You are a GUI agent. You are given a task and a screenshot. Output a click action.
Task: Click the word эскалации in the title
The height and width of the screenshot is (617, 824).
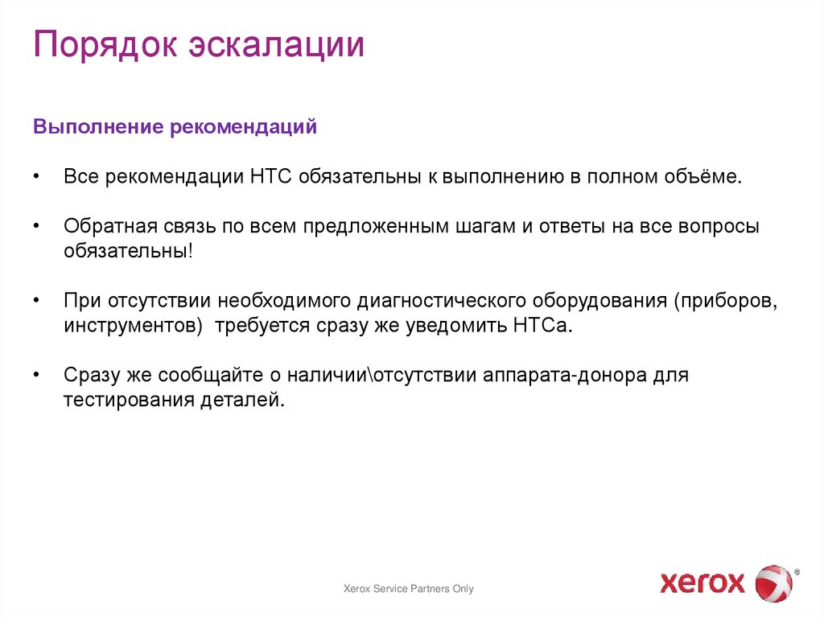click(x=277, y=46)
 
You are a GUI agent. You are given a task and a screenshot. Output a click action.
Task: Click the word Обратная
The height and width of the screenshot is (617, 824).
click(x=105, y=227)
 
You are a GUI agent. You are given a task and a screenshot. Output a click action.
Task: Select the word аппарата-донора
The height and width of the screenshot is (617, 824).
click(x=563, y=376)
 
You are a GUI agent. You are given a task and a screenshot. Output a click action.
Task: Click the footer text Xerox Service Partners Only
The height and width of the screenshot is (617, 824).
click(x=409, y=589)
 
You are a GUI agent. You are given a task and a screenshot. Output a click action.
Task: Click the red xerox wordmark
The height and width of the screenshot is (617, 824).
click(x=702, y=582)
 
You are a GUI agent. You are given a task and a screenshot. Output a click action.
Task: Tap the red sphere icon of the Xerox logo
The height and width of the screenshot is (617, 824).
click(x=773, y=582)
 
